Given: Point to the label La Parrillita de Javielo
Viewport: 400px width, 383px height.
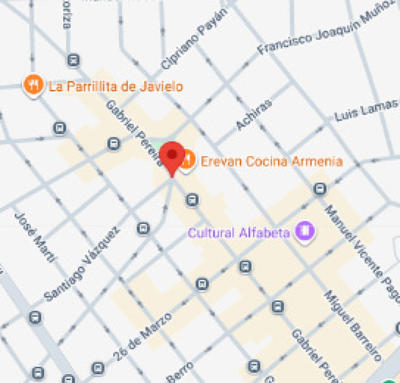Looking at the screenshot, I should pos(116,87).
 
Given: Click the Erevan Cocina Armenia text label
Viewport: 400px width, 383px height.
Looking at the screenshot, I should pos(271,161).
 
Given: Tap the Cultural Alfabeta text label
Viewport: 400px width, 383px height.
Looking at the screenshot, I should pos(239,233).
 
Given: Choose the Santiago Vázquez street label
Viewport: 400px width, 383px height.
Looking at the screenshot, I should pos(82,264).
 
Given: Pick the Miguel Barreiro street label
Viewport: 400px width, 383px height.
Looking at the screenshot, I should pos(352,326).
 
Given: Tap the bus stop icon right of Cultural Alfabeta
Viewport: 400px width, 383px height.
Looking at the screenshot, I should pos(320,189).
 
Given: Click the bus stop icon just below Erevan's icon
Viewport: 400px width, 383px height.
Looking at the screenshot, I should pos(192,199).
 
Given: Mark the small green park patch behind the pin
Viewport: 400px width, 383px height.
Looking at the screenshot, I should pos(156,146).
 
